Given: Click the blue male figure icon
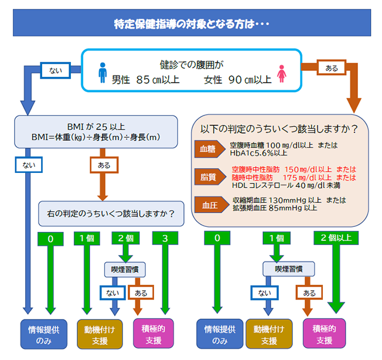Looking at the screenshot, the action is coord(103,73).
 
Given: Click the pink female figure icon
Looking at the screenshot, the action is coord(282,74).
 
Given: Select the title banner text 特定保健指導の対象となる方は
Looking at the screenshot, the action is coord(185,24).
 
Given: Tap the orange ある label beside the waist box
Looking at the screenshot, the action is coord(332,67).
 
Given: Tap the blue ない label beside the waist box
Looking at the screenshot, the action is coord(56,70).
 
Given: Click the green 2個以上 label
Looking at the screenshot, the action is coord(336,237).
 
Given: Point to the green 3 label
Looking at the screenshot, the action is coord(165,238).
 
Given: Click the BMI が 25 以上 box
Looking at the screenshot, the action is coord(96,132).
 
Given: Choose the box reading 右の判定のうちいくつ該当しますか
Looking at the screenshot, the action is coord(111,214).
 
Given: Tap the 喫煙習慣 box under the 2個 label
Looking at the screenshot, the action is coord(125,270).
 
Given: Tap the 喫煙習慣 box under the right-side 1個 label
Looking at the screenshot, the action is coord(289,269).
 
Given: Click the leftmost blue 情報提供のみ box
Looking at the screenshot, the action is coord(44,334).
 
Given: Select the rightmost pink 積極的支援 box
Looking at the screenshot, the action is coord(324,334).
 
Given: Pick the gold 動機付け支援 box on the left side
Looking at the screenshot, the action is coord(100,334).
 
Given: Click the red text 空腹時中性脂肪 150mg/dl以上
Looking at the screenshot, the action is coord(282,169).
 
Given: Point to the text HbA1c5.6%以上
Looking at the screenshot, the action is coord(258,153).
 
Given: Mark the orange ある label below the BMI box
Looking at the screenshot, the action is coord(104,165).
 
